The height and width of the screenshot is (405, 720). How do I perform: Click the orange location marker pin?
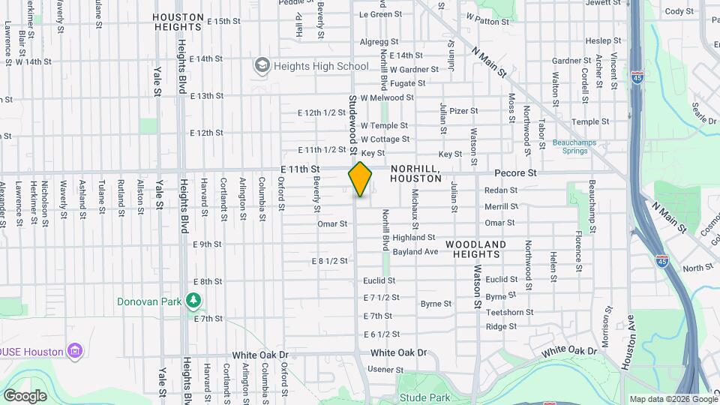tap(360, 179)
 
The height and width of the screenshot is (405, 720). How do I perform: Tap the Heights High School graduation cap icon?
tap(262, 66)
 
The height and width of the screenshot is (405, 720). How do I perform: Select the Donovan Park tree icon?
tap(194, 301)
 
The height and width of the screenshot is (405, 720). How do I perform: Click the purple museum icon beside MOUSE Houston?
tap(73, 350)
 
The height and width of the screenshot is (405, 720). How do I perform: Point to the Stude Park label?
tap(424, 397)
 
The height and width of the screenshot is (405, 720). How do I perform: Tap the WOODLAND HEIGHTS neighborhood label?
tap(476, 250)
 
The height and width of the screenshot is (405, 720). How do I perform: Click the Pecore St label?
tap(515, 172)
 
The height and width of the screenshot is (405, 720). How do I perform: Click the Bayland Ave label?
tap(415, 252)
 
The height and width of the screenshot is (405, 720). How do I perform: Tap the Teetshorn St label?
tap(509, 312)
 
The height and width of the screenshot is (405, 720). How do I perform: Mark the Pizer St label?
tap(463, 111)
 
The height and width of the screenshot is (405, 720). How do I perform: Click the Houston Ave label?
tap(629, 346)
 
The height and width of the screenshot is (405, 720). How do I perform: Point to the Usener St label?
tap(385, 370)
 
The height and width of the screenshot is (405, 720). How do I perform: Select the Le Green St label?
tap(381, 14)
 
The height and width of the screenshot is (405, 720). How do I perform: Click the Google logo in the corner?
tap(25, 396)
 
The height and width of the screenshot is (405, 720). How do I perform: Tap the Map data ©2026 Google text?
tap(672, 399)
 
